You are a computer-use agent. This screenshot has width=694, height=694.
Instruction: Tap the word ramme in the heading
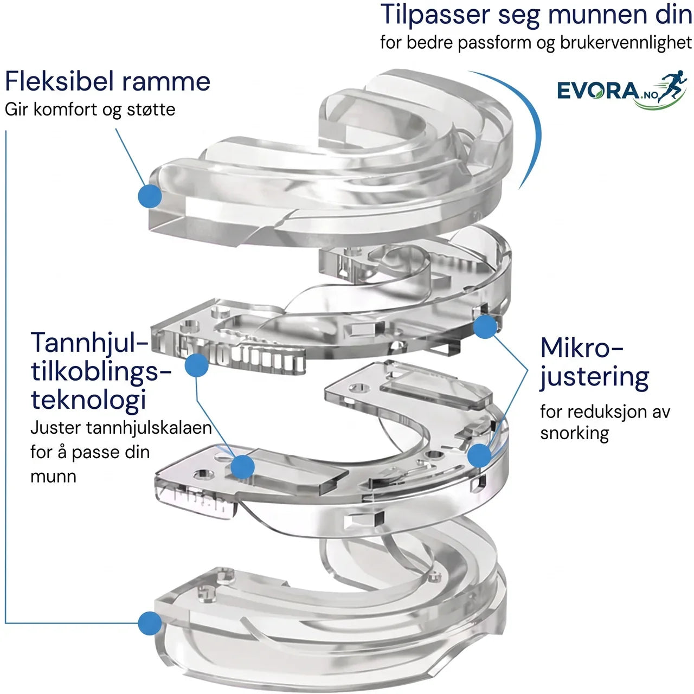(x=166, y=82)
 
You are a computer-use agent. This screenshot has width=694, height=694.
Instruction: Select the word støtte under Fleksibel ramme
(x=151, y=109)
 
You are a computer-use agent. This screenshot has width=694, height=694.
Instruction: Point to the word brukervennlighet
(x=626, y=42)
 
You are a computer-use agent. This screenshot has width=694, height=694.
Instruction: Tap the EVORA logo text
(x=598, y=91)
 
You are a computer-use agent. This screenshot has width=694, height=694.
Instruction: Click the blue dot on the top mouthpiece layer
(x=150, y=196)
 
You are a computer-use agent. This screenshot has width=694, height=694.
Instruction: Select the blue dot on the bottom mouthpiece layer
(x=150, y=623)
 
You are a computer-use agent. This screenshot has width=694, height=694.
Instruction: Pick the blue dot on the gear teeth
(x=197, y=365)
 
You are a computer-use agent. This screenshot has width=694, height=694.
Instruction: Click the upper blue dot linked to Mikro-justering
(x=485, y=326)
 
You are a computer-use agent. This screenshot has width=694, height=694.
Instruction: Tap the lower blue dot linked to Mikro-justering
(x=479, y=455)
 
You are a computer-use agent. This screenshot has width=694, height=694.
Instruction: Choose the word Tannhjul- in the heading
(x=89, y=344)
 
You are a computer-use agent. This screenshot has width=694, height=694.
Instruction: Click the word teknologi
(x=88, y=400)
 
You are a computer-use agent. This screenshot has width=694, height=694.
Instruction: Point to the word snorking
(x=574, y=434)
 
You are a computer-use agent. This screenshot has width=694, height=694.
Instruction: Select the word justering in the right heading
(x=594, y=377)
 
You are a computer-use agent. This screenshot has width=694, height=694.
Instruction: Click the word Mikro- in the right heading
(x=582, y=348)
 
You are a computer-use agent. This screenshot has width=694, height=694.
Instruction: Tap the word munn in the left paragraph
(x=53, y=477)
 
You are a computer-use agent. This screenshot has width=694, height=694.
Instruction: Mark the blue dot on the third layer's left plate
(x=243, y=467)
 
